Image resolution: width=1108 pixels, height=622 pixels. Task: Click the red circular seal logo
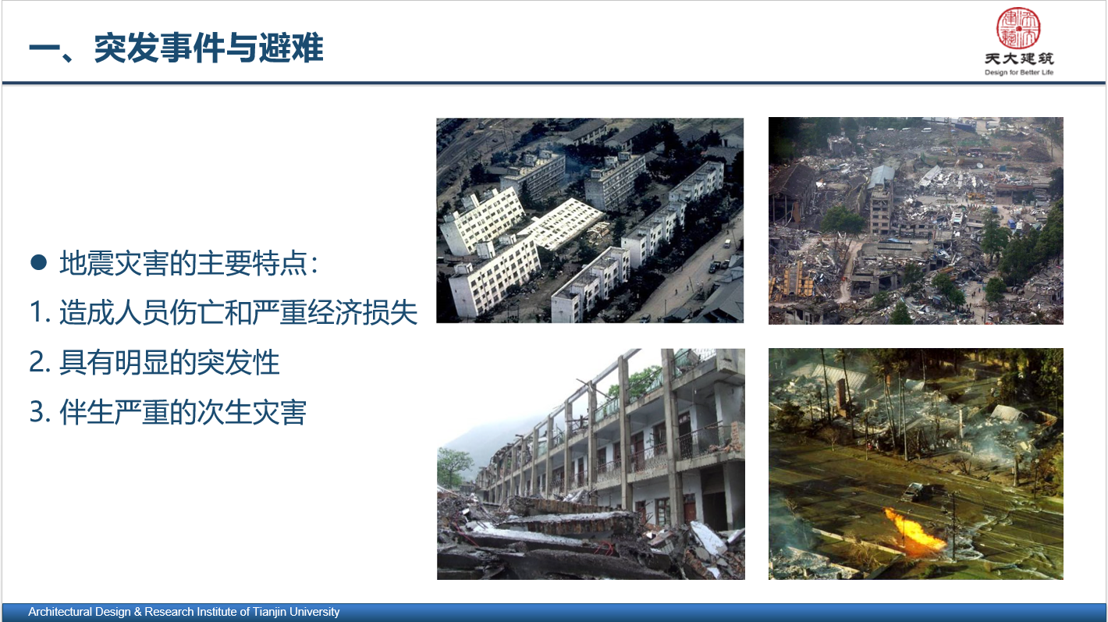pos(1018,28)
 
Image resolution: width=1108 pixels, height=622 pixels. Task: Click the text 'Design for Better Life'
pos(1019,73)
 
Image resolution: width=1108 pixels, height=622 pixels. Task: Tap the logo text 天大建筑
pos(1019,59)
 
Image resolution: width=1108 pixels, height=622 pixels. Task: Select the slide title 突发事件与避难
pos(209,48)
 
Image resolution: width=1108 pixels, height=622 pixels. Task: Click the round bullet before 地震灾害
pos(38,262)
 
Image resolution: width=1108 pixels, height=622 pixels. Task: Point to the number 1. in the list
pos(40,312)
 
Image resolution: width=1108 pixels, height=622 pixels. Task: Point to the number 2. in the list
pos(40,362)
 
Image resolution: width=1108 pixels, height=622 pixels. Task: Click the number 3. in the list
pos(40,412)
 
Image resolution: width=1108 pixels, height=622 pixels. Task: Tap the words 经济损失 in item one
pos(363,312)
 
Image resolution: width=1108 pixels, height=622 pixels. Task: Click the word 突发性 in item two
pos(239,362)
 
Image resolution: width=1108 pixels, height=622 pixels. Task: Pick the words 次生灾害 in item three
pos(252,412)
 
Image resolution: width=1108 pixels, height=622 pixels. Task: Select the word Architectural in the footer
pos(60,612)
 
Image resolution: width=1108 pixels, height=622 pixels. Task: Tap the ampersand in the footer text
pos(138,612)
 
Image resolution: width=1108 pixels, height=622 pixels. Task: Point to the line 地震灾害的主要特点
pos(189,262)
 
